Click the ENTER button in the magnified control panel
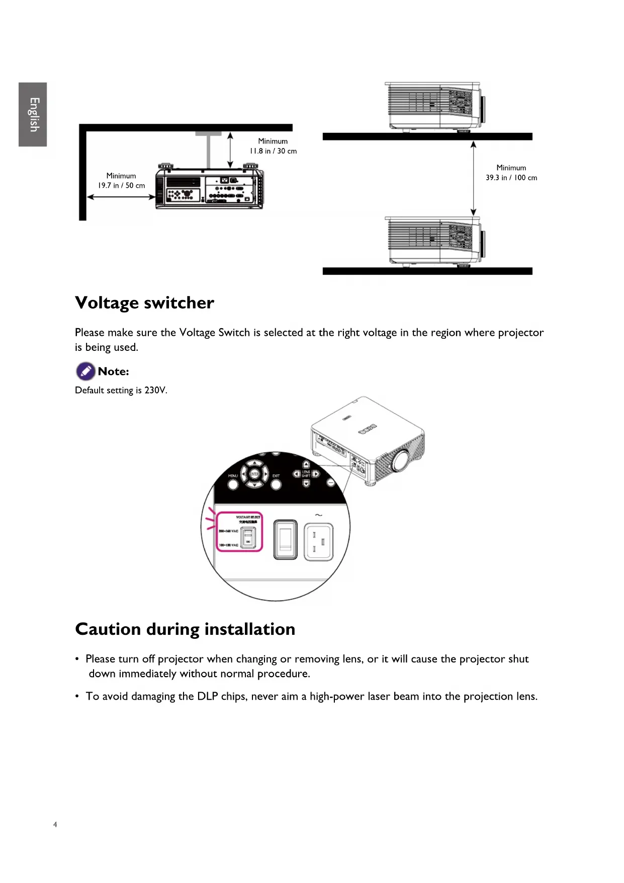[x=254, y=474]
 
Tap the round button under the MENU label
[x=233, y=484]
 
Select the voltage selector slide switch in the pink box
[x=248, y=538]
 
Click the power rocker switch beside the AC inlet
[x=286, y=540]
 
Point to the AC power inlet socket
[x=319, y=541]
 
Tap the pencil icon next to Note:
[x=85, y=372]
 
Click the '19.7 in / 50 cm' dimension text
[x=121, y=186]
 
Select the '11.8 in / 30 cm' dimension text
[x=273, y=151]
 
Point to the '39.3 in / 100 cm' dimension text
[x=511, y=178]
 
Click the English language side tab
[x=33, y=115]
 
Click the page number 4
[x=55, y=825]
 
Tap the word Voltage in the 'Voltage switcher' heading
[x=107, y=303]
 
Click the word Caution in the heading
[x=108, y=629]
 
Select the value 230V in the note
[x=155, y=391]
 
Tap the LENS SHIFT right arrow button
[x=316, y=474]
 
